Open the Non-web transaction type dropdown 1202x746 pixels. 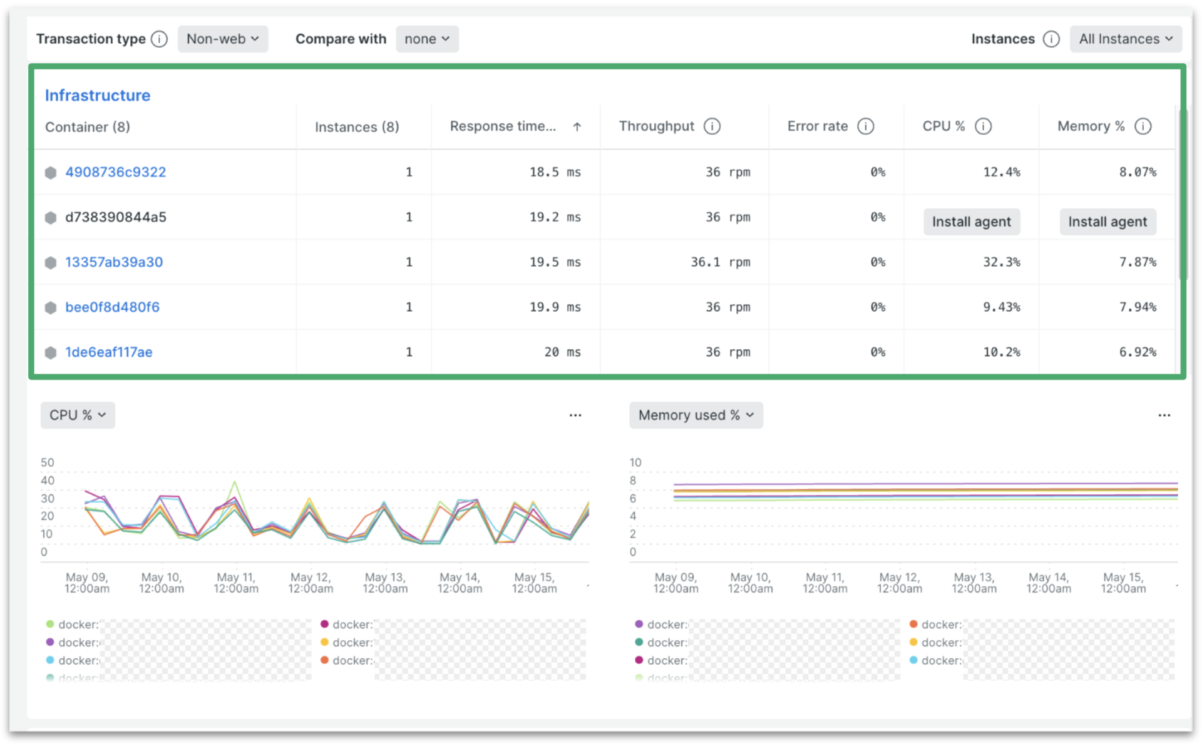coord(222,39)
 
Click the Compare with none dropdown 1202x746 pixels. coord(427,39)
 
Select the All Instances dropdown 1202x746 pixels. coord(1125,39)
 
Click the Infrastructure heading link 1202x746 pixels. coord(98,95)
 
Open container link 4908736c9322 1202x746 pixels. coord(116,172)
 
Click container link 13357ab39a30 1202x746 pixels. coord(114,262)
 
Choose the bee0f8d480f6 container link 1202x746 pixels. coord(113,307)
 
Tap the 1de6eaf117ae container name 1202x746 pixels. coord(109,352)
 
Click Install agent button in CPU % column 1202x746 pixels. coord(971,222)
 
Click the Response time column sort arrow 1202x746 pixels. coord(577,126)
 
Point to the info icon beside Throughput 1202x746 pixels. coord(712,126)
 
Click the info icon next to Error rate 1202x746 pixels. coord(866,126)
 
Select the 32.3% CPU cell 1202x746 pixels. coord(1001,262)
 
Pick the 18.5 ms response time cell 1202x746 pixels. coord(555,172)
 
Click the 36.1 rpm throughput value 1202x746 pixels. coord(720,262)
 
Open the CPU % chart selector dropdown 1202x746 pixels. coord(78,415)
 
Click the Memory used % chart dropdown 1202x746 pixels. coord(696,415)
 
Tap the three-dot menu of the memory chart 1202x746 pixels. coord(1164,415)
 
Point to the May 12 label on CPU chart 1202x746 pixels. coord(311,583)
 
